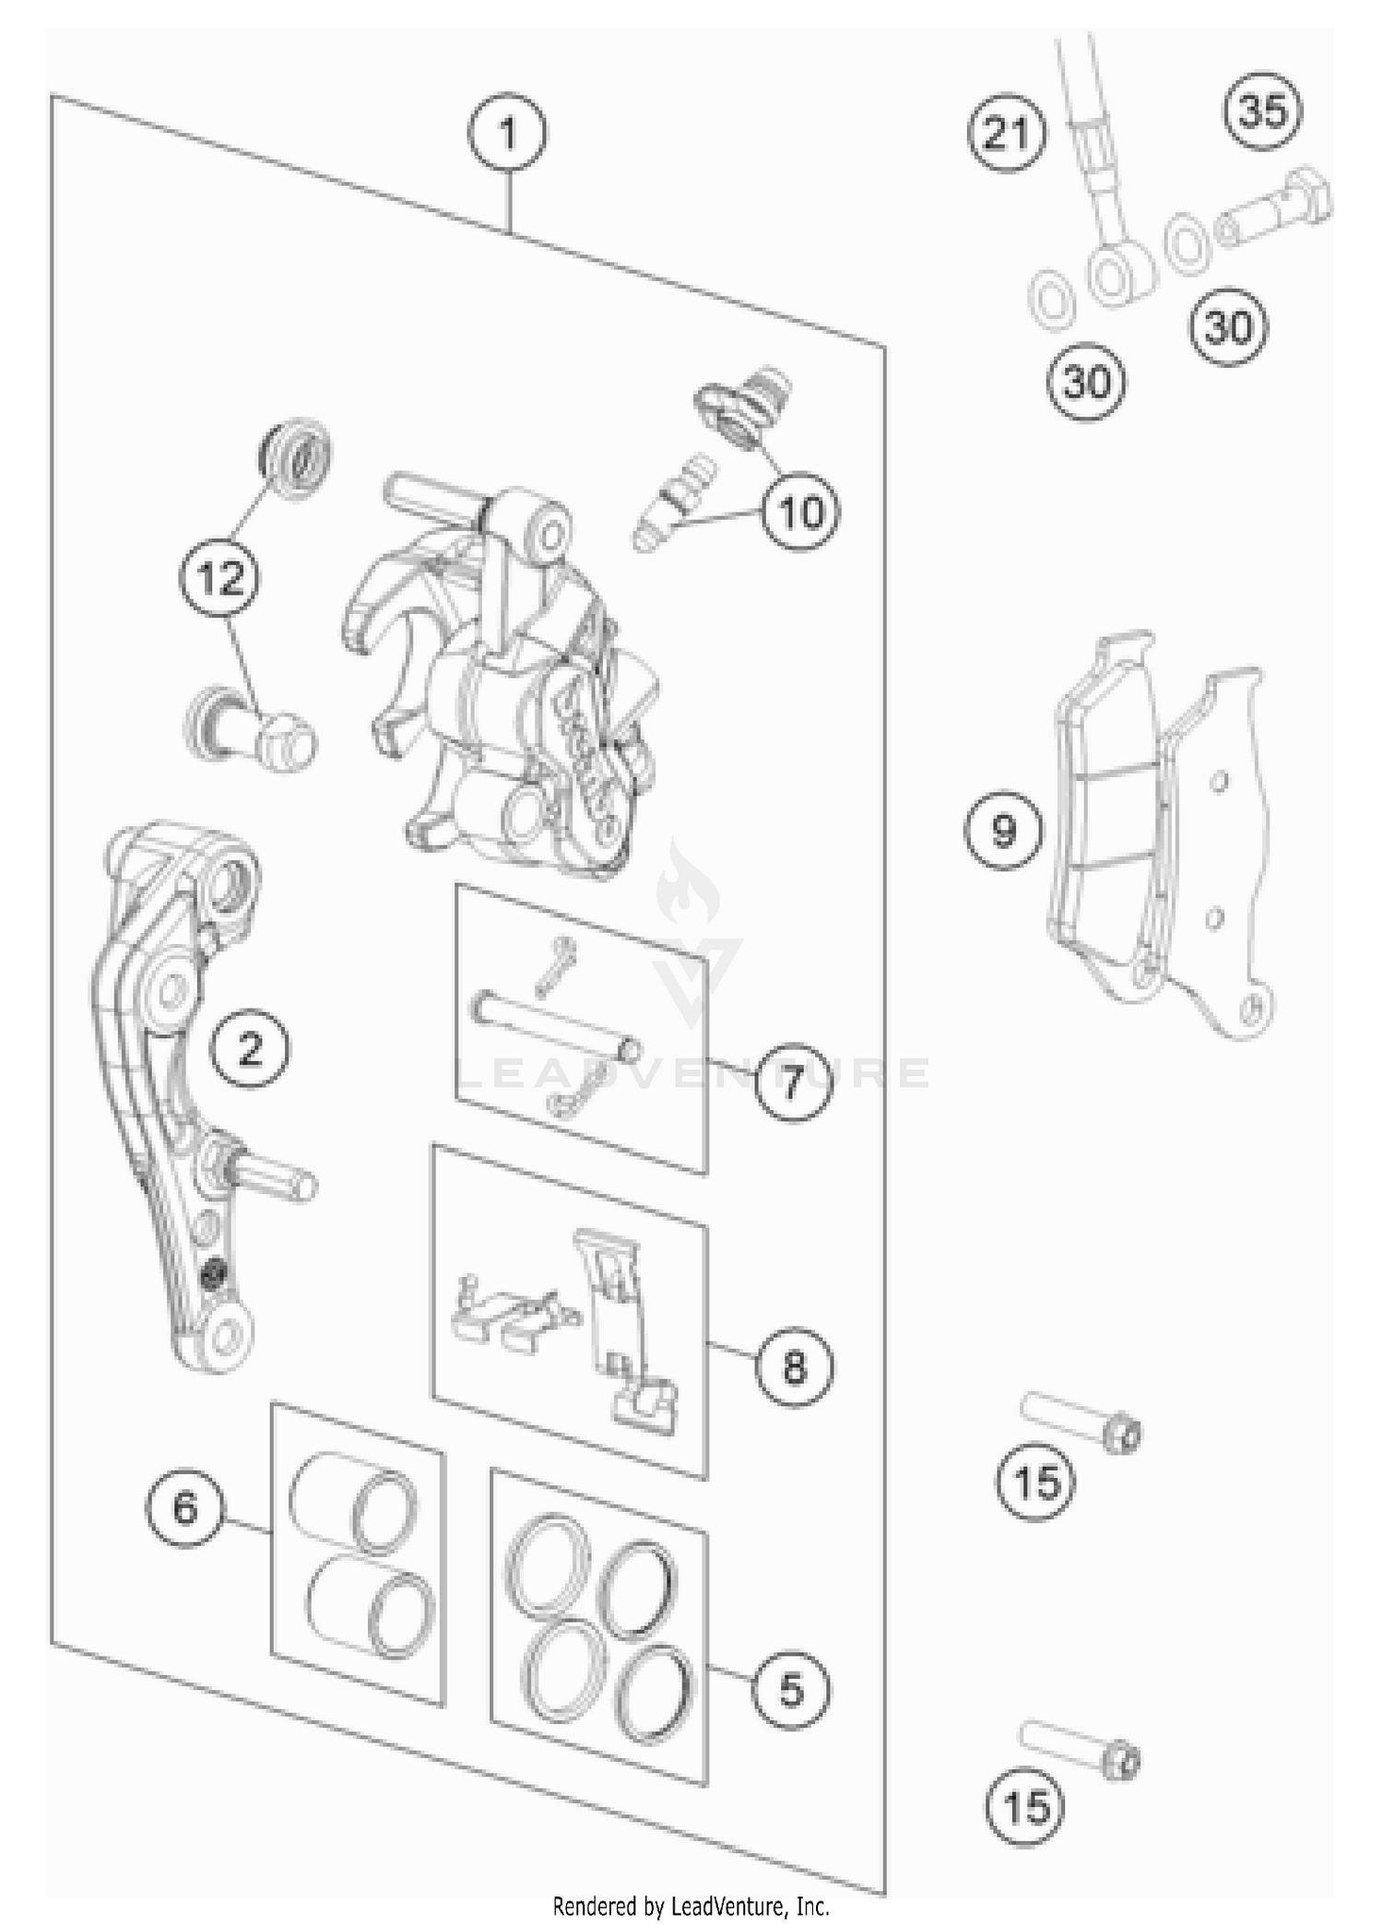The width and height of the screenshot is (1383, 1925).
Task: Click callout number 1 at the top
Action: click(507, 135)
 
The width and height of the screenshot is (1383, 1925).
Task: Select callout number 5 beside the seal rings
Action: click(791, 1690)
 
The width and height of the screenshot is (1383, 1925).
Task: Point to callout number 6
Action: click(185, 1509)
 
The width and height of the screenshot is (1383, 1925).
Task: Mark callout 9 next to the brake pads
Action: click(1004, 831)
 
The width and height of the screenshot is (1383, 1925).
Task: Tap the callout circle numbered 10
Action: click(800, 511)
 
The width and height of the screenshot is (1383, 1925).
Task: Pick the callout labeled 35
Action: click(1262, 111)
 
